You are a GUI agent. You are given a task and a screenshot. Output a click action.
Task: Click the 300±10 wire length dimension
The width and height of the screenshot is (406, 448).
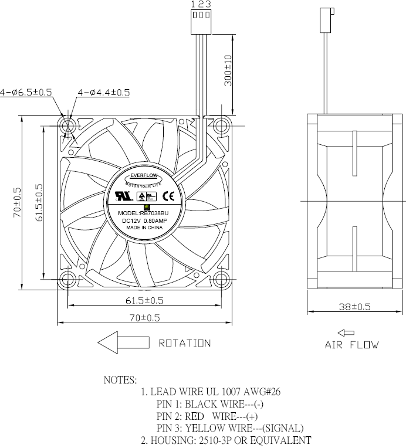228,72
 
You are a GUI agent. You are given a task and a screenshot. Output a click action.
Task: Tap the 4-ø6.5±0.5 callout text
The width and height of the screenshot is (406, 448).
26,92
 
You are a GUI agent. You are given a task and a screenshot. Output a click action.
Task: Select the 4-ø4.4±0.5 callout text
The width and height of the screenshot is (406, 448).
104,93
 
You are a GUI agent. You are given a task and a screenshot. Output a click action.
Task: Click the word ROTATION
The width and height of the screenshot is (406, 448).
184,343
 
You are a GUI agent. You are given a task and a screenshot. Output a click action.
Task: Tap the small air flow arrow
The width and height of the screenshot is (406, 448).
346,333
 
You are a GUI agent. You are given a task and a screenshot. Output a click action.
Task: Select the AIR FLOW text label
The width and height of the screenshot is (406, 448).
352,345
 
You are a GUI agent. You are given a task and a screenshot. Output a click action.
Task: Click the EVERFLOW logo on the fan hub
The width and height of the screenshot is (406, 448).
145,175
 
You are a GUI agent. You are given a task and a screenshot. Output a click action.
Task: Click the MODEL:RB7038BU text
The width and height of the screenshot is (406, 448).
144,213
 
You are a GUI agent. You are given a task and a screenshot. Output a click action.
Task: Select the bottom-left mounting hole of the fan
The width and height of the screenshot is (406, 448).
67,279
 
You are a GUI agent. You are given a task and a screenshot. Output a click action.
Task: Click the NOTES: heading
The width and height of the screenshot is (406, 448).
120,380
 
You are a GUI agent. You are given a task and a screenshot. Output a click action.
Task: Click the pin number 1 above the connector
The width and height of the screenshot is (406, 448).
194,4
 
